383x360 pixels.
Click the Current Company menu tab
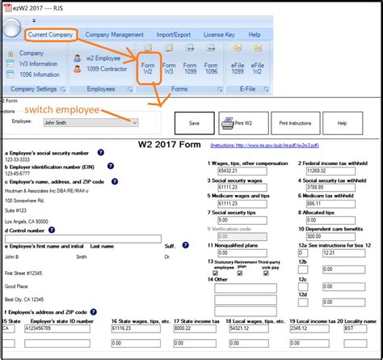51,35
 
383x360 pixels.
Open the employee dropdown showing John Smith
90,122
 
